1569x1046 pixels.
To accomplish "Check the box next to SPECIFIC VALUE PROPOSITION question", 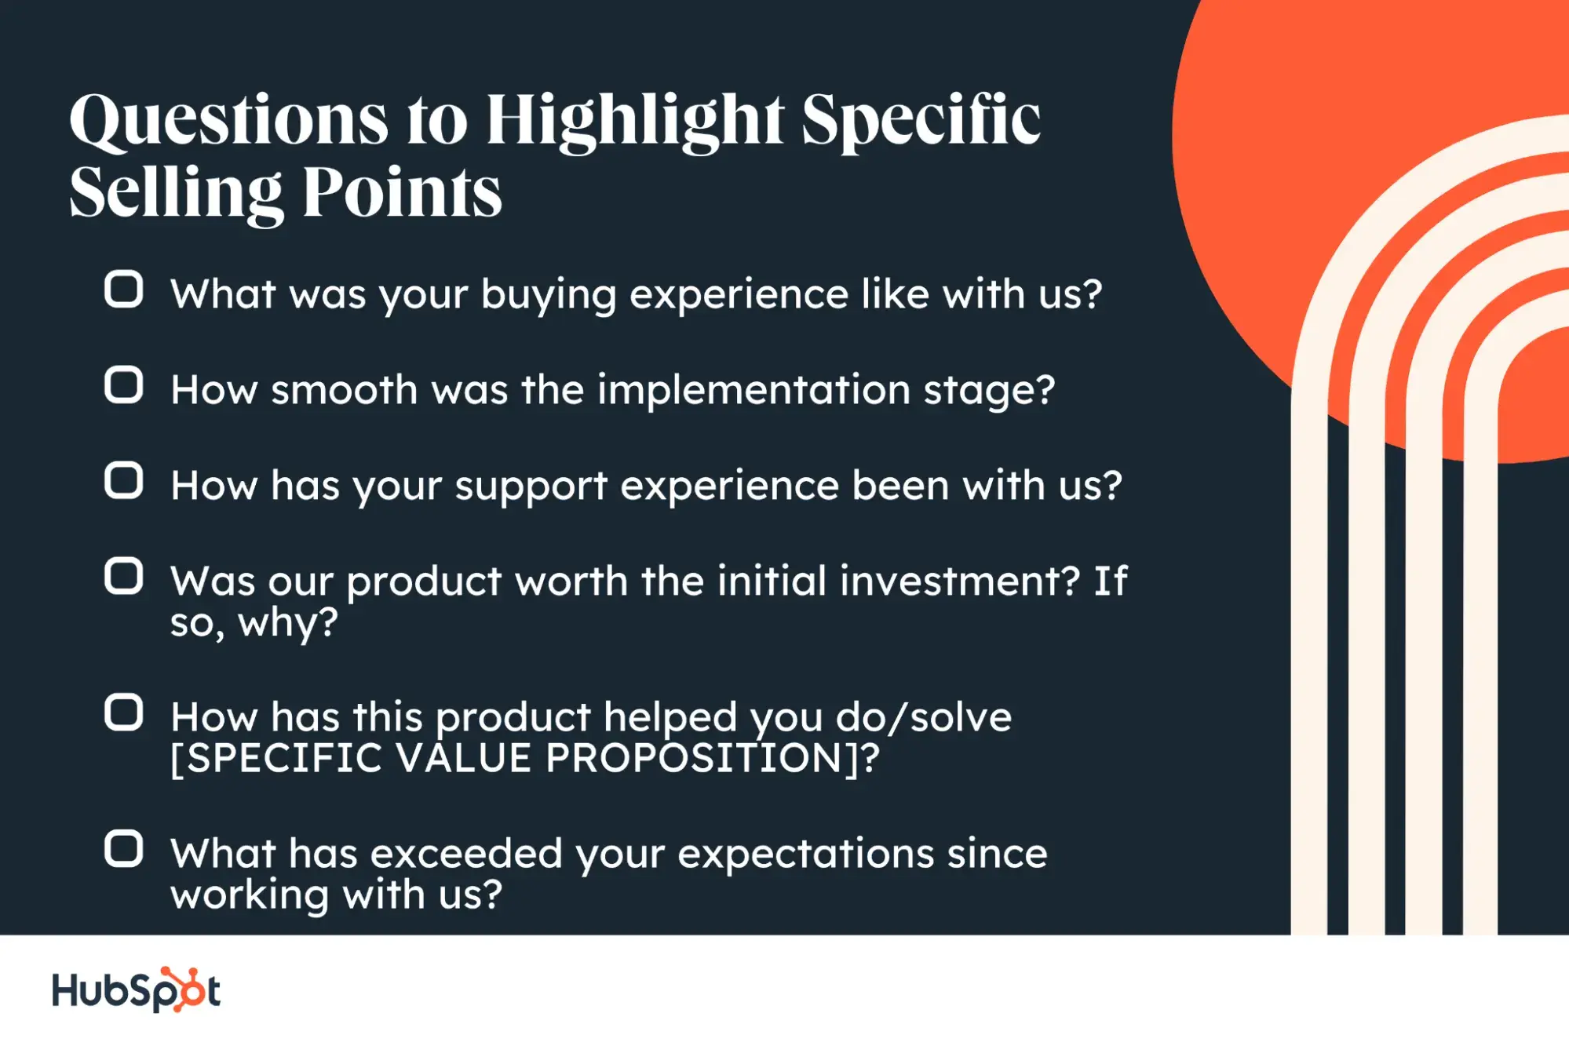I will pos(123,713).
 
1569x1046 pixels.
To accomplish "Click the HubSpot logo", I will pos(136,990).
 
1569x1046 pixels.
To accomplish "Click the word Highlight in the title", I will pos(634,122).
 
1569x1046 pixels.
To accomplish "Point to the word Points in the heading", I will pos(402,193).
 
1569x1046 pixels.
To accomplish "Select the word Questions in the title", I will pos(228,122).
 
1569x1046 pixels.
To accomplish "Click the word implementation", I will pos(753,390).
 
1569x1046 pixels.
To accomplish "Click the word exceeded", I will pos(466,854).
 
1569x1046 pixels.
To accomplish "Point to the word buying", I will pos(548,296).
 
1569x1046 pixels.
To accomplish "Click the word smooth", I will pos(344,390).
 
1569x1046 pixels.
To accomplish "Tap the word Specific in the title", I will pos(920,122).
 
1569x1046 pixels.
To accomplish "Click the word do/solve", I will pos(923,717).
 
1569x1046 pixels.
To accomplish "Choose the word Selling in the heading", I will pos(175,193).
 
